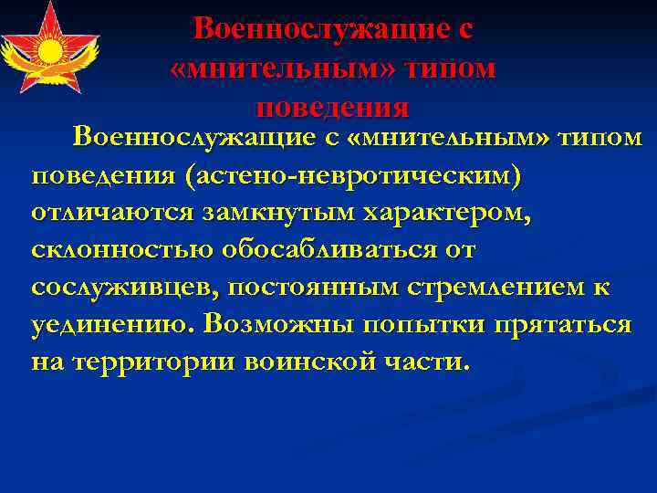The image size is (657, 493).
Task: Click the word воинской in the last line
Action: pyautogui.click(x=314, y=361)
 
